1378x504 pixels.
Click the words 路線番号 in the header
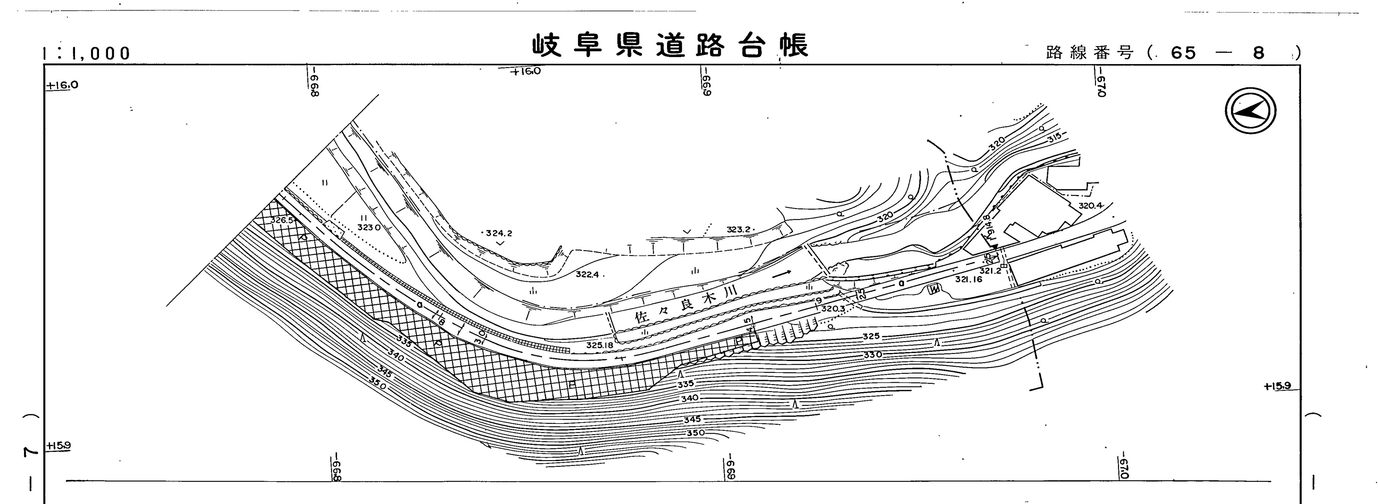pos(1090,53)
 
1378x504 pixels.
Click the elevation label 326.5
pos(282,220)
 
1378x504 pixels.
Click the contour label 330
pos(872,354)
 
